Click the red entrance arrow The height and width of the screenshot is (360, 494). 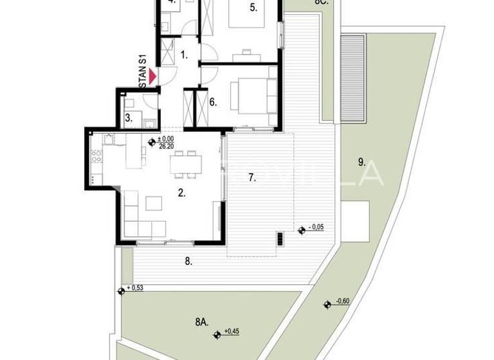(x=152, y=77)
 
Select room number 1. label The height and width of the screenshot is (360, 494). (x=185, y=55)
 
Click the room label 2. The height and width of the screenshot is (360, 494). (x=182, y=192)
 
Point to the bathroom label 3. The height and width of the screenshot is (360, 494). (x=129, y=118)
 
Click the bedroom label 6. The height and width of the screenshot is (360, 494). (x=213, y=102)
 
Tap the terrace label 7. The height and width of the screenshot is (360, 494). (x=252, y=178)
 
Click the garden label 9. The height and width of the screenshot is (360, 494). (x=362, y=161)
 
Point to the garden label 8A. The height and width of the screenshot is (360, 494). (x=201, y=320)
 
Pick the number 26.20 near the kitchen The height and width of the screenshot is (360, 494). (x=166, y=147)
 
